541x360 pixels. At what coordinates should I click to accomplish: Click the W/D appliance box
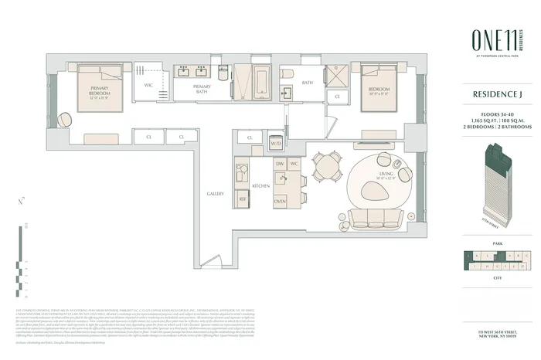(276, 144)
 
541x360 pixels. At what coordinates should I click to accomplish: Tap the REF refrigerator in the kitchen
(242, 199)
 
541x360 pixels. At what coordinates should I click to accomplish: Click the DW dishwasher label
(281, 165)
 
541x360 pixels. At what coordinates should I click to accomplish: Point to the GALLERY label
(216, 193)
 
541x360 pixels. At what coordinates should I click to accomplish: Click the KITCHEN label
(260, 186)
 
